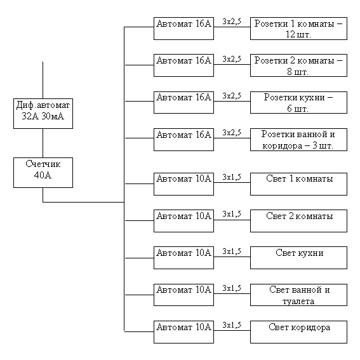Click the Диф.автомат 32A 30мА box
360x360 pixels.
pos(43,114)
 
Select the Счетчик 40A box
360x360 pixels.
pos(43,173)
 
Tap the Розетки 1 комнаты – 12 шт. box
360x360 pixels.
pos(298,29)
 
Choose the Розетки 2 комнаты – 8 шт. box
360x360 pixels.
pos(298,65)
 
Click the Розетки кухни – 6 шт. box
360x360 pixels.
pos(298,102)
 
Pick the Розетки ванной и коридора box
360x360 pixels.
pos(298,140)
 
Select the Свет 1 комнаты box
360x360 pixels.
pos(298,184)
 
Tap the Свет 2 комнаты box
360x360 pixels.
pos(298,221)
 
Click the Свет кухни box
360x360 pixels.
pos(298,258)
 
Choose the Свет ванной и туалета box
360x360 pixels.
pos(298,295)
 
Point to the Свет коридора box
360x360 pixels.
pos(298,332)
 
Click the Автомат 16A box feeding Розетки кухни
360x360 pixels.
pos(183,102)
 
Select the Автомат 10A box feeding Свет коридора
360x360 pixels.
pos(183,332)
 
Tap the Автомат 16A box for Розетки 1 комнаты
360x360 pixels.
pos(183,29)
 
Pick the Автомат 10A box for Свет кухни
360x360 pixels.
pos(183,258)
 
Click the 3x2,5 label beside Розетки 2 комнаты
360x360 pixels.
pos(232,59)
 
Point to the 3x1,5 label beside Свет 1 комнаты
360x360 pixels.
pos(232,177)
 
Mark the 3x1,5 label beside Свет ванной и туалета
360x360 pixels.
pos(232,288)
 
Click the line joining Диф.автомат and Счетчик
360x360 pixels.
pos(43,143)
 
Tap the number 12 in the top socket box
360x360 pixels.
pos(290,34)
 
